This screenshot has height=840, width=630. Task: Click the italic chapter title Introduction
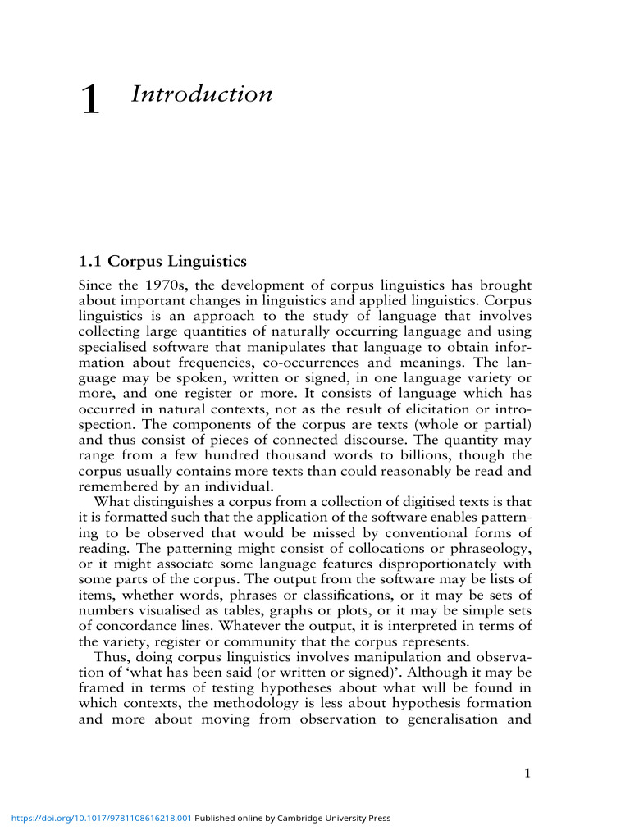[201, 94]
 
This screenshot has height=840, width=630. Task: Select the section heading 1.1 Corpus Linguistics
[162, 262]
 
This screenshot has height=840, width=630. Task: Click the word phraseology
[492, 547]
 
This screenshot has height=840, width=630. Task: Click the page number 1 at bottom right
[528, 771]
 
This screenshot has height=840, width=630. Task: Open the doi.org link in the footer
[99, 818]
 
